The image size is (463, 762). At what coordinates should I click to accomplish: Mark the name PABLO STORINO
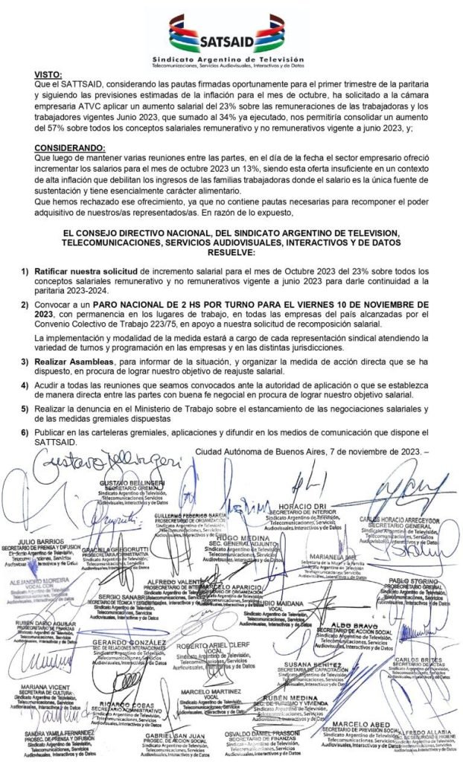(411, 580)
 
